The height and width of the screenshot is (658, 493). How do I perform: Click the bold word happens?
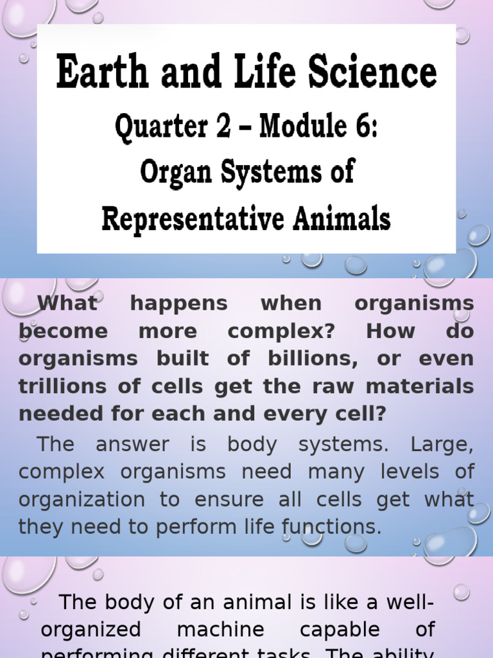179,304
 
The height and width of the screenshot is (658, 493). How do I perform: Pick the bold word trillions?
62,387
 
